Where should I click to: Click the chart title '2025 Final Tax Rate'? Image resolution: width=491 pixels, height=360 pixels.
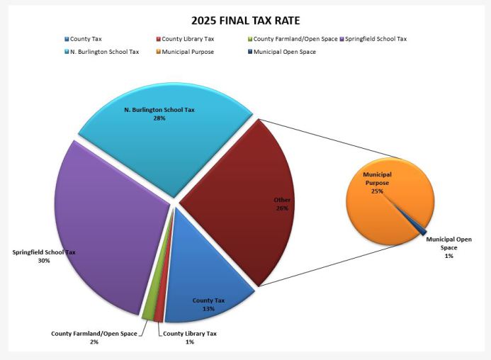point(245,20)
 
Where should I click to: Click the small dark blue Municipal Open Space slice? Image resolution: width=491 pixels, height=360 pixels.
point(422,230)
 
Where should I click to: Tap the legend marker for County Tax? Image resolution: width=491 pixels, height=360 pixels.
point(67,39)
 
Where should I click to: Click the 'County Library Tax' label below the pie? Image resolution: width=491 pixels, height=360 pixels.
point(189,333)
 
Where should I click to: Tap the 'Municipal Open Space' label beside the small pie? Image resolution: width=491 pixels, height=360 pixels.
point(448,243)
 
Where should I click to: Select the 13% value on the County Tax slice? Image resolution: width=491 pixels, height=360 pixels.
point(208,309)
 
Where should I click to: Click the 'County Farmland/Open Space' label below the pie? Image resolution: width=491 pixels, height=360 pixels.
point(94,333)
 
